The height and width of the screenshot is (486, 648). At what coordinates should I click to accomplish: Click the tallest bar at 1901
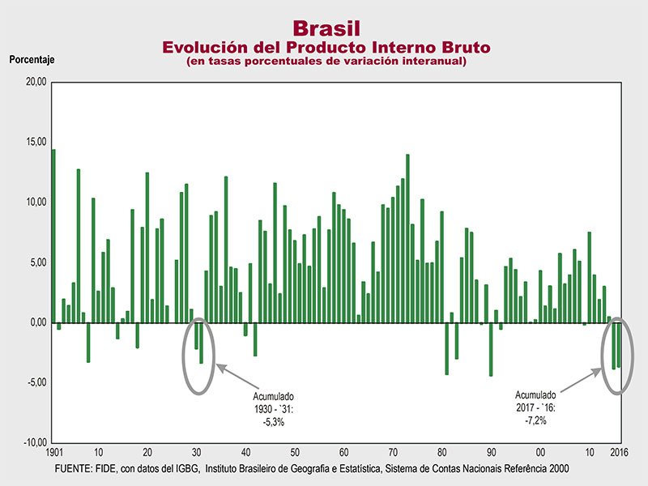[x=53, y=235]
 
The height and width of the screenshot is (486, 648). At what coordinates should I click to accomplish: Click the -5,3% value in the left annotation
[x=273, y=422]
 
